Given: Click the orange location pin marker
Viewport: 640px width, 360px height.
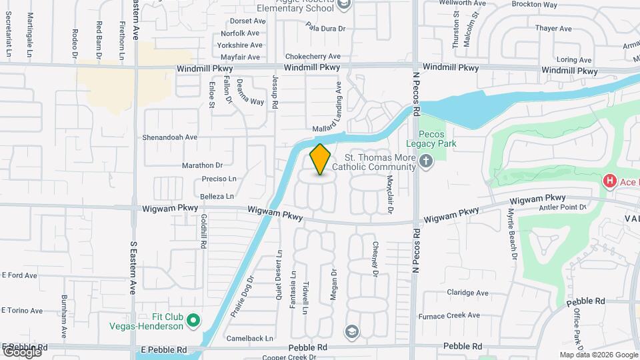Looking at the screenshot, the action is pos(320,159).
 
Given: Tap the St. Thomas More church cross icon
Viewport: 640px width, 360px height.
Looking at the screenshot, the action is pos(427,161).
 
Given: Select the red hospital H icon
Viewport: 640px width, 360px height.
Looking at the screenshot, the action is pos(609,181).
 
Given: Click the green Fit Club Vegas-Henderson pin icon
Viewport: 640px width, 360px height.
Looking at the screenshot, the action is pos(194,321).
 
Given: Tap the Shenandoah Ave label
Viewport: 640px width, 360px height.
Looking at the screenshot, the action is pos(169,137).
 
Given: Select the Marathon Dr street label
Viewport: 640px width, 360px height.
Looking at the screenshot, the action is pos(203,165).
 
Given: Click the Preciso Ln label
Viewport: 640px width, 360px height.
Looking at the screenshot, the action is pos(219,179).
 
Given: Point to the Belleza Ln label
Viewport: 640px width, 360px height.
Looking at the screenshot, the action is pos(217,197).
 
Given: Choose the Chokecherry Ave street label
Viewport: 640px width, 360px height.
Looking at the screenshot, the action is pos(313,57).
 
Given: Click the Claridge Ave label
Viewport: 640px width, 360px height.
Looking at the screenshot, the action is pos(467,293).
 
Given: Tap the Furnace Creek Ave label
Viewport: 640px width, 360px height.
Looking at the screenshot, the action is pos(455,315).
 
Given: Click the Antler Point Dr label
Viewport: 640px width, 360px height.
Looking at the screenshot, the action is pos(562,207).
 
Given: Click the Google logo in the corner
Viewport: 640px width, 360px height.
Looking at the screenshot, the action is pos(22,351).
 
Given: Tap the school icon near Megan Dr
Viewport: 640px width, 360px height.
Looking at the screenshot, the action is pos(351,331).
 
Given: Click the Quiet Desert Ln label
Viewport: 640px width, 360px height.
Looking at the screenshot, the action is pos(279,275).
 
